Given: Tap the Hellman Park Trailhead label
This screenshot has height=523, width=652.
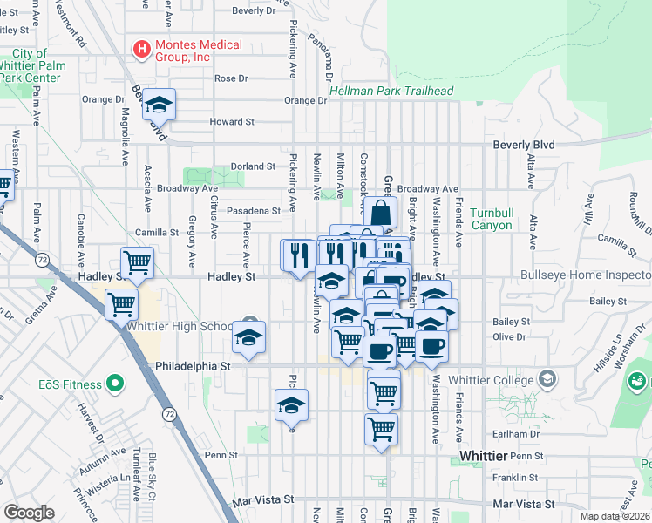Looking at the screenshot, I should point(391,91).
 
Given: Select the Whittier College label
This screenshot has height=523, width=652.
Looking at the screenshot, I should point(491,380).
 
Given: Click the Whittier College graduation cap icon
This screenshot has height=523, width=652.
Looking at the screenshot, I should point(547,378).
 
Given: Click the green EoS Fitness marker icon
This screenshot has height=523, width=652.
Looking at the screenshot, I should point(112,384).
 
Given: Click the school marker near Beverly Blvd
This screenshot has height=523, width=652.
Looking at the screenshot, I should point(159,105).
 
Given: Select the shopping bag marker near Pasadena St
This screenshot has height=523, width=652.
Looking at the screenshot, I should point(382,213).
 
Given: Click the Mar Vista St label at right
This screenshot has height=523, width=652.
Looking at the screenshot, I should point(523,504).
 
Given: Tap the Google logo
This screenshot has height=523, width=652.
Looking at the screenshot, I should point(28,513).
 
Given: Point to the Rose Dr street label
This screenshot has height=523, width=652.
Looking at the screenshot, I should point(231,78).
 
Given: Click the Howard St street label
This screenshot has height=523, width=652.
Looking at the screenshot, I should point(232,122).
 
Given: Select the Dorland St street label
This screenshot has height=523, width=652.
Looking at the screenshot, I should point(253,166).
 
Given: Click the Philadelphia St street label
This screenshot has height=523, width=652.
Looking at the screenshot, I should point(193,367).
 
